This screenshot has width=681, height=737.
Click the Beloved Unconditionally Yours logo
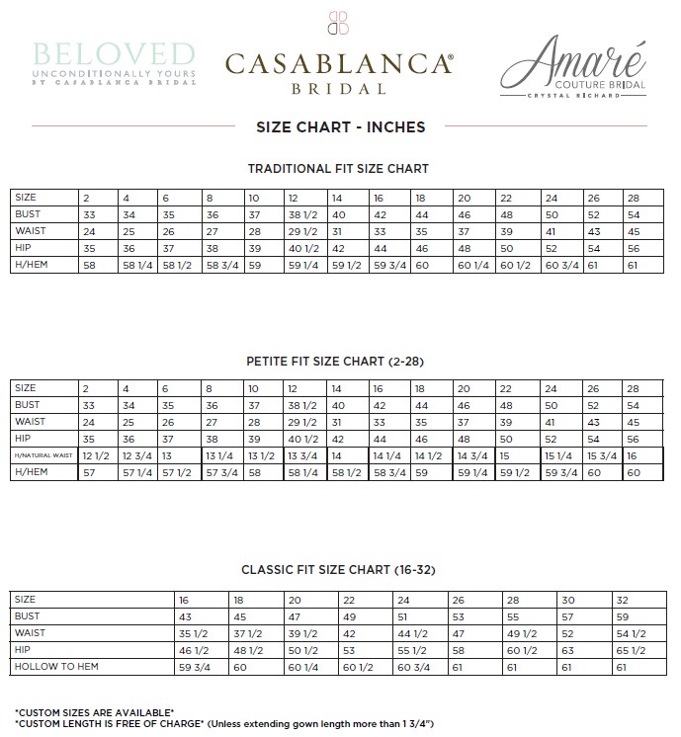pyautogui.click(x=113, y=62)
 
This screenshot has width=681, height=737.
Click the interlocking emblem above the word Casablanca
pyautogui.click(x=339, y=23)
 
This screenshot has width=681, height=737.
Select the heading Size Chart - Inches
pyautogui.click(x=340, y=126)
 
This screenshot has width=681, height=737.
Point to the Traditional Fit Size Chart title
pyautogui.click(x=338, y=169)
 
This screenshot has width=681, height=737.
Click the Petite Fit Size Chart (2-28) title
pyautogui.click(x=340, y=362)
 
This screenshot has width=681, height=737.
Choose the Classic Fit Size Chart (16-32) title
pyautogui.click(x=339, y=570)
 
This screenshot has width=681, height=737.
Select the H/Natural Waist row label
pyautogui.click(x=43, y=455)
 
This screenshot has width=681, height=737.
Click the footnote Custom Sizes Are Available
pyautogui.click(x=95, y=712)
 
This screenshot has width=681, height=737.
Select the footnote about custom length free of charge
pyautogui.click(x=224, y=723)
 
